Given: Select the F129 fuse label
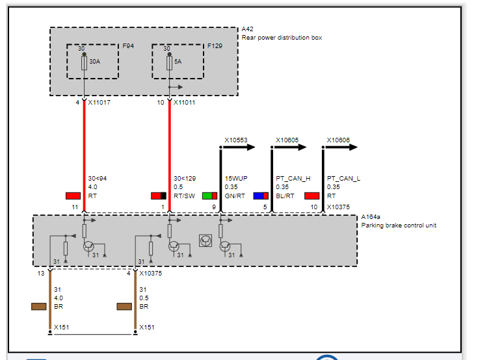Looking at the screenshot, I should [x=214, y=47].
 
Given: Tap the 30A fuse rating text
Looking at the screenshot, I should [x=95, y=62].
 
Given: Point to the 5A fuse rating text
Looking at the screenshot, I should [x=178, y=62].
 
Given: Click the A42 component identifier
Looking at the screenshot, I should [x=247, y=30].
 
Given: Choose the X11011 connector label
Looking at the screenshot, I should [x=185, y=102].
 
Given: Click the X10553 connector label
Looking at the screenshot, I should [x=236, y=140].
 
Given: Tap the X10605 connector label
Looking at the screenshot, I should [x=287, y=140].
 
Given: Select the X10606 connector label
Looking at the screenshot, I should [x=338, y=140].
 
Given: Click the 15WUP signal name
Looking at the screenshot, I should [x=235, y=178].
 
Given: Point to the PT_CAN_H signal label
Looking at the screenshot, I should [x=293, y=178].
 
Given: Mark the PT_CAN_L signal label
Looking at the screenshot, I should [x=343, y=178].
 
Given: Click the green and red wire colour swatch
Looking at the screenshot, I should [x=209, y=196].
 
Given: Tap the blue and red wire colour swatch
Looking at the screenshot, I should [x=261, y=196].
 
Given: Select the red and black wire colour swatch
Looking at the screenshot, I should [x=159, y=196].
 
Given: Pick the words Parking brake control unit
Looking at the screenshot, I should [x=399, y=225].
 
